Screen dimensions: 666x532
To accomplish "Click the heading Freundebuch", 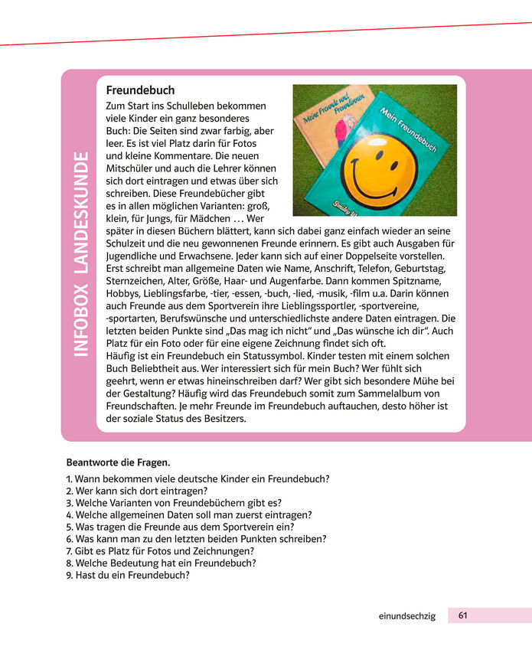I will (x=140, y=90).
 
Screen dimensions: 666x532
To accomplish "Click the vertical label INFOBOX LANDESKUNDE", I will (x=80, y=254).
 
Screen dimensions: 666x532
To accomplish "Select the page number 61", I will (x=464, y=615).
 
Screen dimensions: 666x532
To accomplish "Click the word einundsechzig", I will (x=407, y=616).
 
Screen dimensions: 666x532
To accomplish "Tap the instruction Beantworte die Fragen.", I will (x=118, y=462).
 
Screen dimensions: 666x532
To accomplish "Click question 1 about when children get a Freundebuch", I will (x=198, y=479).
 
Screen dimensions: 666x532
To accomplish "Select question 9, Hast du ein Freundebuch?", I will (x=128, y=575).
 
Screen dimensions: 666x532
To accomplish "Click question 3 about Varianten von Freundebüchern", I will (x=174, y=503).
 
